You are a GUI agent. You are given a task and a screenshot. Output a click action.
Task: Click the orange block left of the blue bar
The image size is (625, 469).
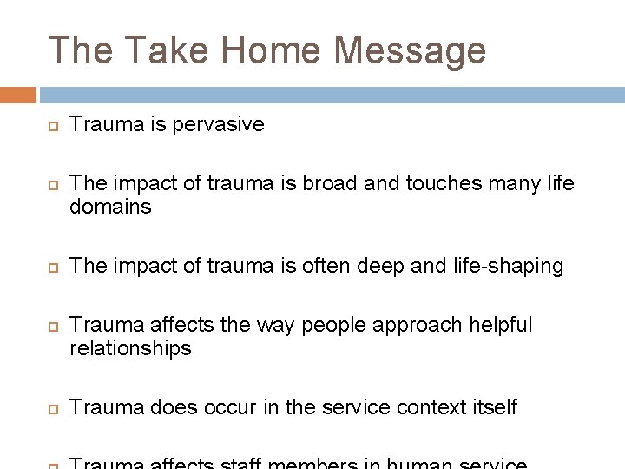[x=17, y=94]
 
